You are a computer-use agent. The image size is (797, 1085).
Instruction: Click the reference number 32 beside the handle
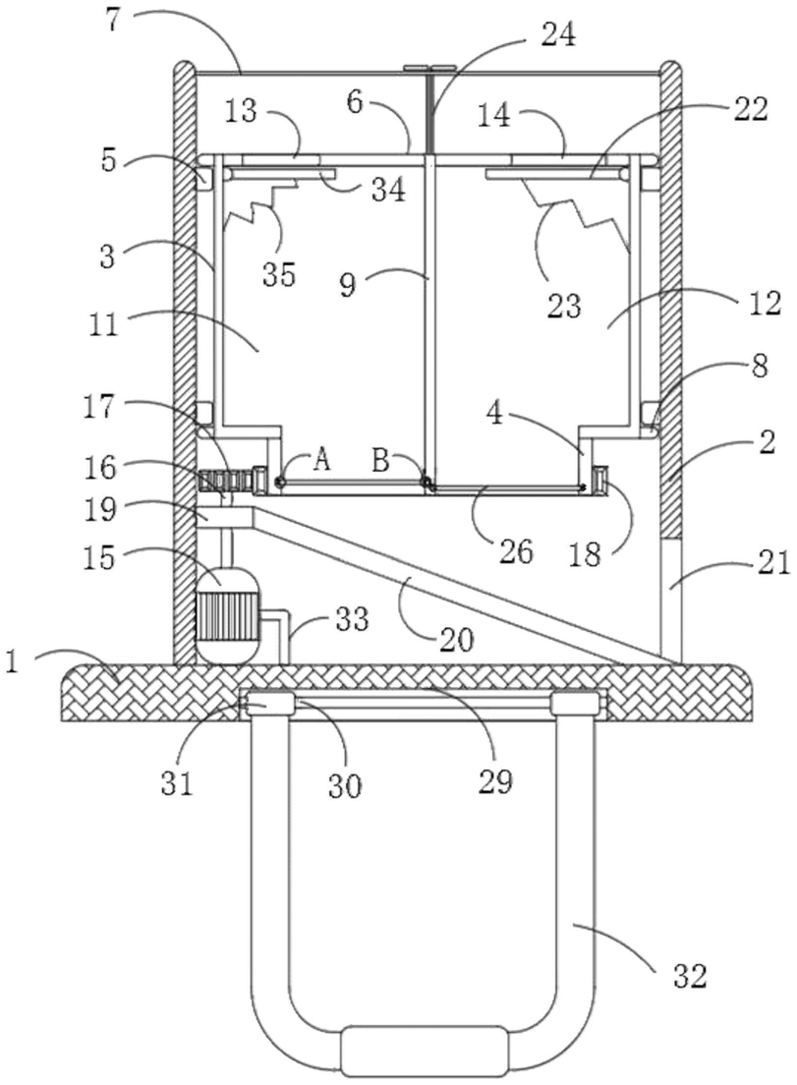(689, 975)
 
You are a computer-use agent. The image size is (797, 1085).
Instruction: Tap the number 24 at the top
(558, 33)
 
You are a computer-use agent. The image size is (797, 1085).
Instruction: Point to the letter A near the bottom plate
(321, 460)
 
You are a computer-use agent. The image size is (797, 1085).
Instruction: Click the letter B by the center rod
(380, 460)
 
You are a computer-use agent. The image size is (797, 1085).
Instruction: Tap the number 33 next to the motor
(352, 619)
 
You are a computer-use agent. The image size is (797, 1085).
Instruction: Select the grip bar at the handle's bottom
(425, 1050)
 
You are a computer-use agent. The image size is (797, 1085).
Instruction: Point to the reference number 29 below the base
(495, 781)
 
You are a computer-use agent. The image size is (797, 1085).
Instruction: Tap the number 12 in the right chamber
(764, 303)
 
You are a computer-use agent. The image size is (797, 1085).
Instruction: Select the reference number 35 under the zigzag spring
(279, 275)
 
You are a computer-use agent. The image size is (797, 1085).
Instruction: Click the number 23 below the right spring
(563, 305)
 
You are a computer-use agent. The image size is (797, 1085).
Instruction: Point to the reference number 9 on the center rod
(347, 283)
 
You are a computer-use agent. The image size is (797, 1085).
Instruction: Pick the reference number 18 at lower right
(586, 554)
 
